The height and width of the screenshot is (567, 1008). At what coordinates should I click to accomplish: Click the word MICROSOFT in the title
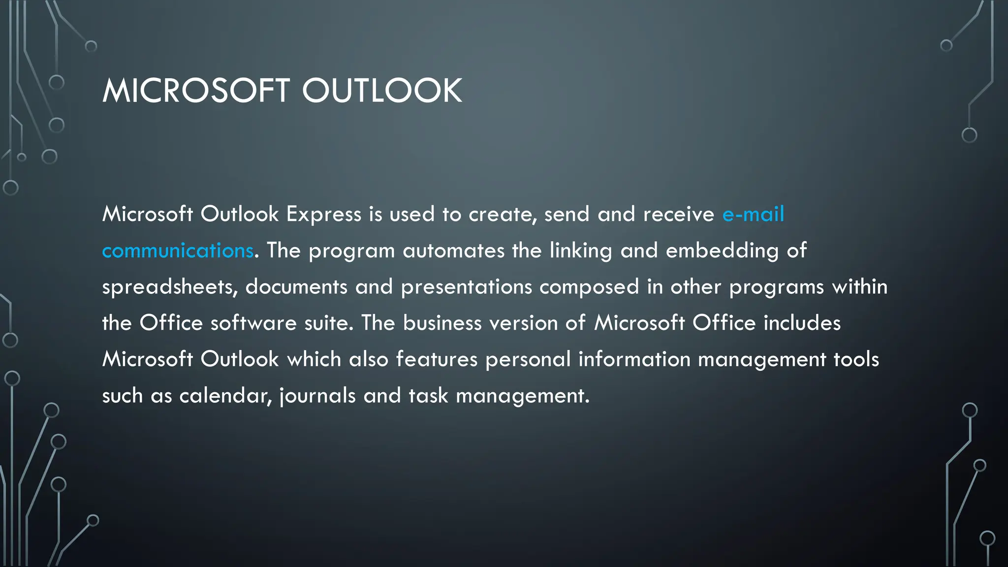(x=196, y=91)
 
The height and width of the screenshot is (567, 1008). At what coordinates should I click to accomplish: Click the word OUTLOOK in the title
(x=382, y=91)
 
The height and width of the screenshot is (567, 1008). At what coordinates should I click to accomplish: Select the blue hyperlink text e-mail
(x=753, y=214)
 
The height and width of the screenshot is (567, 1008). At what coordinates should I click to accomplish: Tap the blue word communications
(x=178, y=251)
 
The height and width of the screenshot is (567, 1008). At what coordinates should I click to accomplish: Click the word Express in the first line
(x=324, y=214)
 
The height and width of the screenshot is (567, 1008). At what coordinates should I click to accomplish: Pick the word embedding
(x=722, y=251)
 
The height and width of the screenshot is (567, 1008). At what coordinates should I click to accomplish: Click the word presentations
(x=466, y=287)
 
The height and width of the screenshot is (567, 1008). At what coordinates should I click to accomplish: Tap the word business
(x=442, y=323)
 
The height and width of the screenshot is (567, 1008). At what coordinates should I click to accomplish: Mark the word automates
(x=453, y=251)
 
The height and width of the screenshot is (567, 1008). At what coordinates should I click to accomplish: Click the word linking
(x=581, y=251)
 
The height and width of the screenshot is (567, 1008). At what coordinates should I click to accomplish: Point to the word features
(x=437, y=359)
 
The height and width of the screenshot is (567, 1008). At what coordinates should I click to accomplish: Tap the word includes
(x=802, y=323)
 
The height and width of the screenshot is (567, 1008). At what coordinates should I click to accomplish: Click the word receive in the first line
(x=678, y=214)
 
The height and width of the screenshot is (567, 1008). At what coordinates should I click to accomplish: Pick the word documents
(x=296, y=287)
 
